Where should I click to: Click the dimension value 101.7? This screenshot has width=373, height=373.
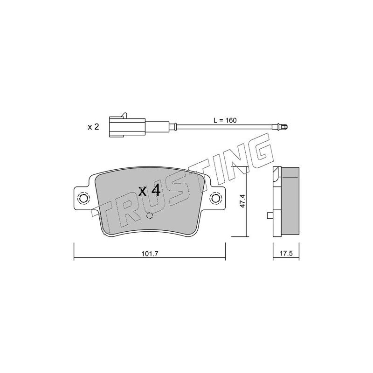pos(150,254)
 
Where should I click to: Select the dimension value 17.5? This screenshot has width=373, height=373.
pos(286,254)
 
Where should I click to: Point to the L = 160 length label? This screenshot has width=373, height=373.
pos(225,120)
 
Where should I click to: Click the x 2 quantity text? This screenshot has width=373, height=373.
pos(93,127)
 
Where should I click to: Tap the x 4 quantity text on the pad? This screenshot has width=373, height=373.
pos(149,191)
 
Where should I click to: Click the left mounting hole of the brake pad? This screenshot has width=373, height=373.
pos(83,198)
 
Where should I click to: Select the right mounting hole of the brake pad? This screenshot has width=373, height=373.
pos(215,198)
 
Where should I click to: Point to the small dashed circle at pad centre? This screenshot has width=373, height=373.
pos(149,215)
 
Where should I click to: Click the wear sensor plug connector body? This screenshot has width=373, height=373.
pos(127,127)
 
